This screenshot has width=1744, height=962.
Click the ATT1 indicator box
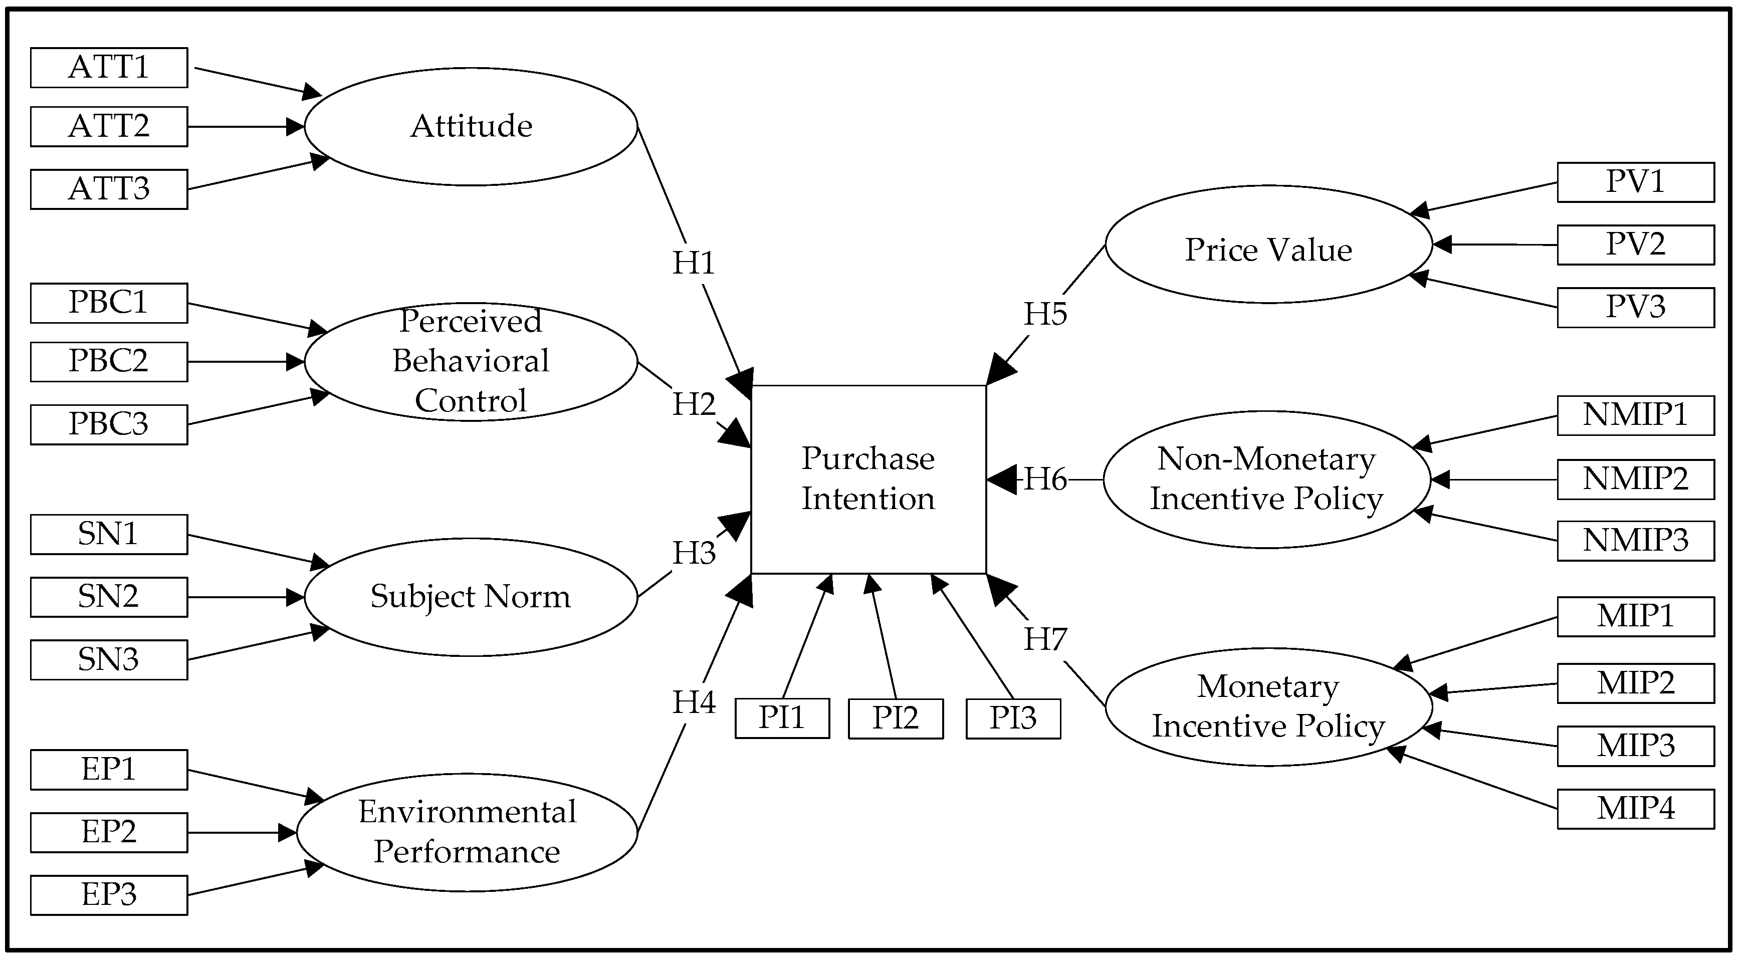click(108, 68)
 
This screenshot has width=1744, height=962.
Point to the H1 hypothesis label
click(693, 263)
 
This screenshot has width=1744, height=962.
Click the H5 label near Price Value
click(1044, 314)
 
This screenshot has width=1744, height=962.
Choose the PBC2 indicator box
click(108, 362)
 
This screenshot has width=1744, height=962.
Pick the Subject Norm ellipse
click(471, 597)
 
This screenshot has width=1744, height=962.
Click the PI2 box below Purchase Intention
click(895, 718)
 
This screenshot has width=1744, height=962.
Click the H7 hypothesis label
click(1044, 639)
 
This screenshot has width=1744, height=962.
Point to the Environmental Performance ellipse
click(467, 832)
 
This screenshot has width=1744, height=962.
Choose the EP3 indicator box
click(108, 895)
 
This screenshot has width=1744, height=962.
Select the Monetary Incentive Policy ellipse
click(1268, 707)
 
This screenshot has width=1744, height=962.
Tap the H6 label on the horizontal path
click(1044, 479)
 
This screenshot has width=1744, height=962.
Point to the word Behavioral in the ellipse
click(471, 361)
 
